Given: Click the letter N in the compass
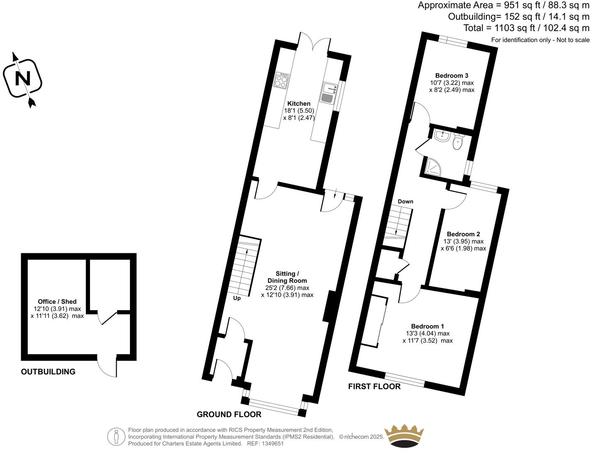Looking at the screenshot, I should point(22,78).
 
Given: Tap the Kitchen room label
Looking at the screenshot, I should point(299,104).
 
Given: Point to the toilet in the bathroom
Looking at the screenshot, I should point(458,142).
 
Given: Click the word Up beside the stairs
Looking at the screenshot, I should point(237,298).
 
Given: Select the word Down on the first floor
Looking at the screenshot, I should point(405,201).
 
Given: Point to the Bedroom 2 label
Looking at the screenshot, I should point(463,234).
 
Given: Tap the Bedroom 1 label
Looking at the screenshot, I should point(427,326).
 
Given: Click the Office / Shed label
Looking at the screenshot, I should point(57,301).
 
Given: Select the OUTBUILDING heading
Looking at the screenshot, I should point(48,372).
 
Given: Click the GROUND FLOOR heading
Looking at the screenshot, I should point(229,415).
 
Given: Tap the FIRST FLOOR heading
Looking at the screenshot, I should point(374,387).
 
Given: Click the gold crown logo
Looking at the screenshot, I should point(404,436).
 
